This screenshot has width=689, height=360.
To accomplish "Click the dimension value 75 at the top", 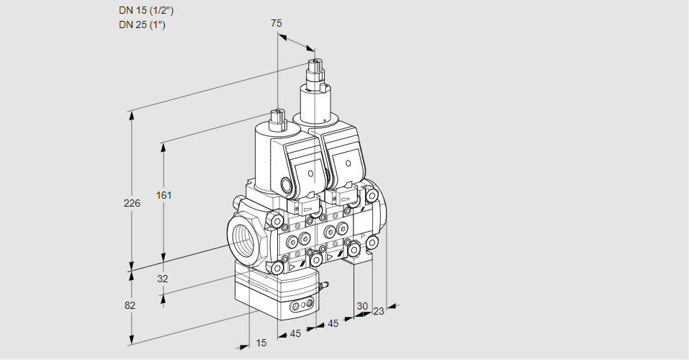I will point(276,23).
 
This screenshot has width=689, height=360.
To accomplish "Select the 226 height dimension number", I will point(132,204).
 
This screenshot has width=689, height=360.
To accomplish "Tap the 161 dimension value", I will point(165,195).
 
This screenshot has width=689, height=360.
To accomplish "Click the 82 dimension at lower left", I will point(130,305).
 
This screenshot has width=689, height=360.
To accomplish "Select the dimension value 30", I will point(361,306).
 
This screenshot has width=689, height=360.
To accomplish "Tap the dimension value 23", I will point(379,311).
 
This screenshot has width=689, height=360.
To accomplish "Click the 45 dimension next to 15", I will point(295,333).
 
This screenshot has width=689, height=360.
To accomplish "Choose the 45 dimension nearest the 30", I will point(333,324).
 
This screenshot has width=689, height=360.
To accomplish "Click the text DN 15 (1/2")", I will point(146,10).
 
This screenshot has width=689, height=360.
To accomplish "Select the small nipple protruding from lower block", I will point(325,286).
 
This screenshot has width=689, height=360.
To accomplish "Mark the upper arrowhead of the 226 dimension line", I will point(131,114).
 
